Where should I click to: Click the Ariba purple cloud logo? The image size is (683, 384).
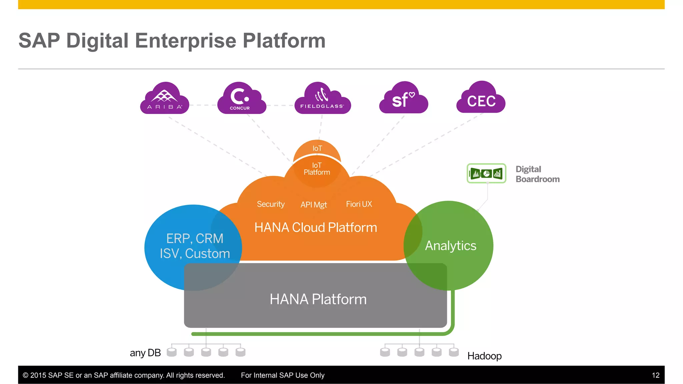click(x=165, y=99)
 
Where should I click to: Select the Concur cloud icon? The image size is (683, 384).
click(x=241, y=99)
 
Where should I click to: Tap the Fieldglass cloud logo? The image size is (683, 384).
click(x=322, y=99)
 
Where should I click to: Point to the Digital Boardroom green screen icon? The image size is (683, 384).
click(x=486, y=173)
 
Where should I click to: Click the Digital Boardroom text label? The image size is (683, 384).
click(x=537, y=174)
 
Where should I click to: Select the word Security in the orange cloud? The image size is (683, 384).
click(x=270, y=204)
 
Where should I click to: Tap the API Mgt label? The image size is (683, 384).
click(x=313, y=205)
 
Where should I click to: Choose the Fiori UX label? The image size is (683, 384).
click(x=359, y=204)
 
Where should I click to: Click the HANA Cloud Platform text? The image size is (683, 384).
click(x=315, y=228)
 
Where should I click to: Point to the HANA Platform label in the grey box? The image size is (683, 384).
click(x=318, y=299)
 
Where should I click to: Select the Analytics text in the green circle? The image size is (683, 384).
click(x=451, y=246)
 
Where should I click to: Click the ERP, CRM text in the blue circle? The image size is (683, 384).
click(x=195, y=239)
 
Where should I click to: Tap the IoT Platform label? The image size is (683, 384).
click(x=316, y=169)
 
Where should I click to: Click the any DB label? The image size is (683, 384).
click(x=145, y=353)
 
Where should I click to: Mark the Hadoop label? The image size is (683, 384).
click(x=484, y=356)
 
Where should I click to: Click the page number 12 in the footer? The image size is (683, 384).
click(x=655, y=375)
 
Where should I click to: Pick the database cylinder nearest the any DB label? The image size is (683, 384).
click(x=171, y=352)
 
